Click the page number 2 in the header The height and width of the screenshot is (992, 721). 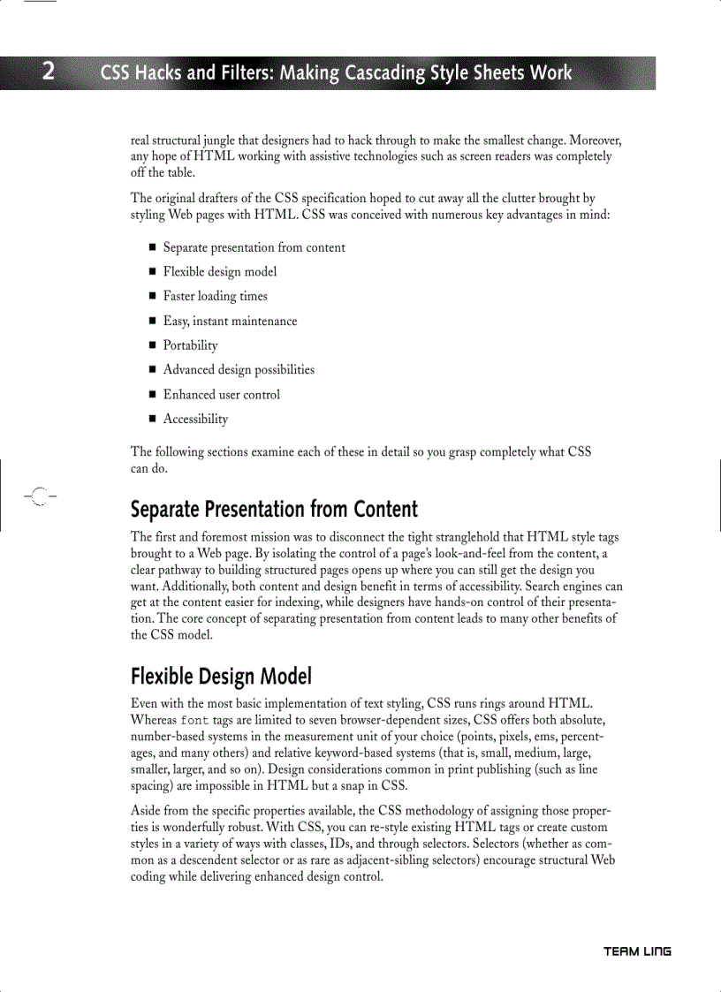(x=49, y=72)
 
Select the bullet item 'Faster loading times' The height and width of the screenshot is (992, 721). (x=215, y=296)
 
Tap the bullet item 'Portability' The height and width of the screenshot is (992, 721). (x=190, y=345)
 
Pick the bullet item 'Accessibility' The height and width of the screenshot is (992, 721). (x=195, y=419)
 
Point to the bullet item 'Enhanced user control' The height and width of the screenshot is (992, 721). (x=221, y=395)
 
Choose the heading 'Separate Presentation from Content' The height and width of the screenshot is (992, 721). (x=274, y=510)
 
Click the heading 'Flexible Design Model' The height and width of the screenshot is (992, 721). (x=221, y=678)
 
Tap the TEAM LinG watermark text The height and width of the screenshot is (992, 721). (x=637, y=951)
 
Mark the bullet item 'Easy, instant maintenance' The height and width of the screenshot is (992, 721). (x=230, y=321)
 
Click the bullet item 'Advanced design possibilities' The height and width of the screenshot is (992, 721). (x=239, y=370)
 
